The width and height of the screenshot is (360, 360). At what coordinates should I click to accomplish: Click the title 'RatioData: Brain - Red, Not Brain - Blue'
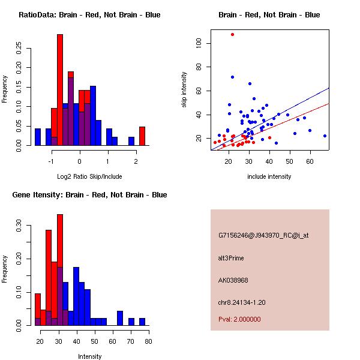89,15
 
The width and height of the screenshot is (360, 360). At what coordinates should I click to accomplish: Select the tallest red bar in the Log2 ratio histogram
60,90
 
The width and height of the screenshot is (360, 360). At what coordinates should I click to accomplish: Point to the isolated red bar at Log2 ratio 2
142,136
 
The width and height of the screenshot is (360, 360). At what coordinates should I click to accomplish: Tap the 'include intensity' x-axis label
269,176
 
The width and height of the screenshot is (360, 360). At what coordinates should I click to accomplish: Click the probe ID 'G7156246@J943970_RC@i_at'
263,236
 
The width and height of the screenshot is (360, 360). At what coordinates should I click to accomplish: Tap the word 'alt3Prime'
231,258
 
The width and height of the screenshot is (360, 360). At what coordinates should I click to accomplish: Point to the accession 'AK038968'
233,280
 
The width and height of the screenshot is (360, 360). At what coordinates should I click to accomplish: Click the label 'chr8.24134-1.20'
242,301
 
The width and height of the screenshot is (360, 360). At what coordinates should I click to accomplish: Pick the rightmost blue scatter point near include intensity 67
325,136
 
